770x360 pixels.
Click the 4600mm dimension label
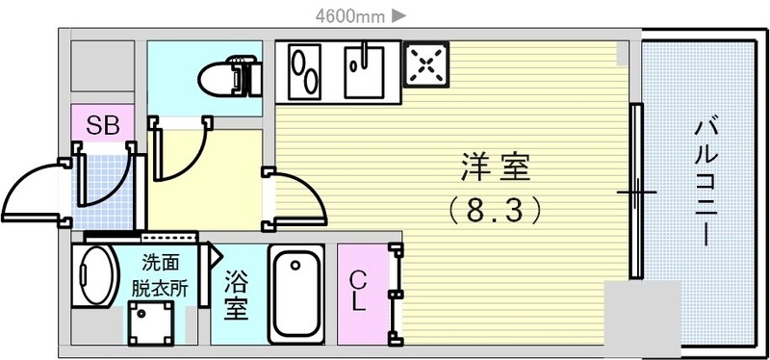(x=351, y=14)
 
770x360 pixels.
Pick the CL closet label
(x=358, y=292)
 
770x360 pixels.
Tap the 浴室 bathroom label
(x=237, y=295)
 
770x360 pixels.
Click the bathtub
(x=295, y=295)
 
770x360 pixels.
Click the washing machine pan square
(x=152, y=322)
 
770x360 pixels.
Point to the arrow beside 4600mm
(x=399, y=14)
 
